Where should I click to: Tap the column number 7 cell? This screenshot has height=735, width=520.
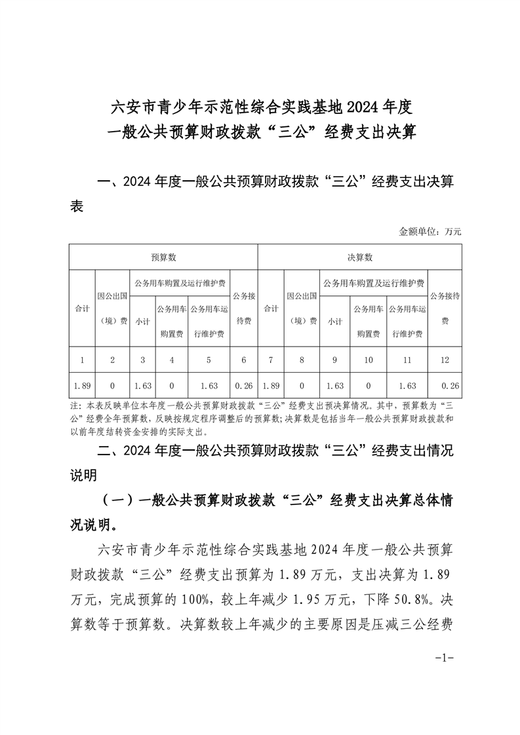[x=270, y=360]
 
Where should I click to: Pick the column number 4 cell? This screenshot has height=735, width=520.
[x=171, y=360]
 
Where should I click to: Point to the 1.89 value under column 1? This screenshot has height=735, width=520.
[x=82, y=384]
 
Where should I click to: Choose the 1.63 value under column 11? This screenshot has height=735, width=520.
[x=407, y=384]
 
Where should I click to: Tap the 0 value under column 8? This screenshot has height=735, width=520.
[x=302, y=384]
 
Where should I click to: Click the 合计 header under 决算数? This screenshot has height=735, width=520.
[x=270, y=308]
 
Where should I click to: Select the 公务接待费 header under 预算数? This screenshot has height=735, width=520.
[x=244, y=308]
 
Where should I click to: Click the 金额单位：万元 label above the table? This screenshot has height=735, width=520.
[x=430, y=231]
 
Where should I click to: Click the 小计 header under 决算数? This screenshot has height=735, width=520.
[x=334, y=321]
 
